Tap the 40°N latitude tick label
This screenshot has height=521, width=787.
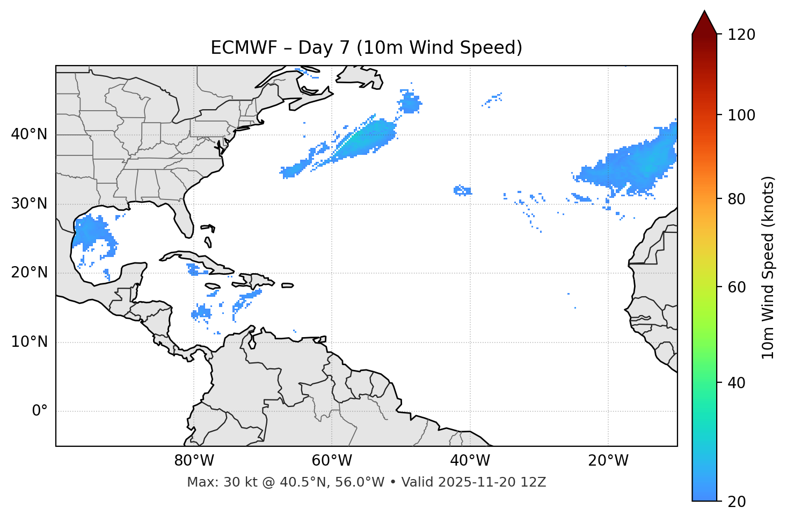29,134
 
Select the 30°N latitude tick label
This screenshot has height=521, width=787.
29,204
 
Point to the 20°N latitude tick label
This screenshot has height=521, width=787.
29,273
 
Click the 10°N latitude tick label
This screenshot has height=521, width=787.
29,342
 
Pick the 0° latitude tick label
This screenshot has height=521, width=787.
40,411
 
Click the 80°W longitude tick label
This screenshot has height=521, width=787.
194,461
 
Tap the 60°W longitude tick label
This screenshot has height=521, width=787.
331,461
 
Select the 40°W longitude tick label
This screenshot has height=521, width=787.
470,461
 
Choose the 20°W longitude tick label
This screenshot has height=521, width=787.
608,461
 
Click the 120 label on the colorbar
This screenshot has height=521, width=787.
741,35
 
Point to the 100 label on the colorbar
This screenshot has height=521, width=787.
741,115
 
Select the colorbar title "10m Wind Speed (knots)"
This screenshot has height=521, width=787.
768,267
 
